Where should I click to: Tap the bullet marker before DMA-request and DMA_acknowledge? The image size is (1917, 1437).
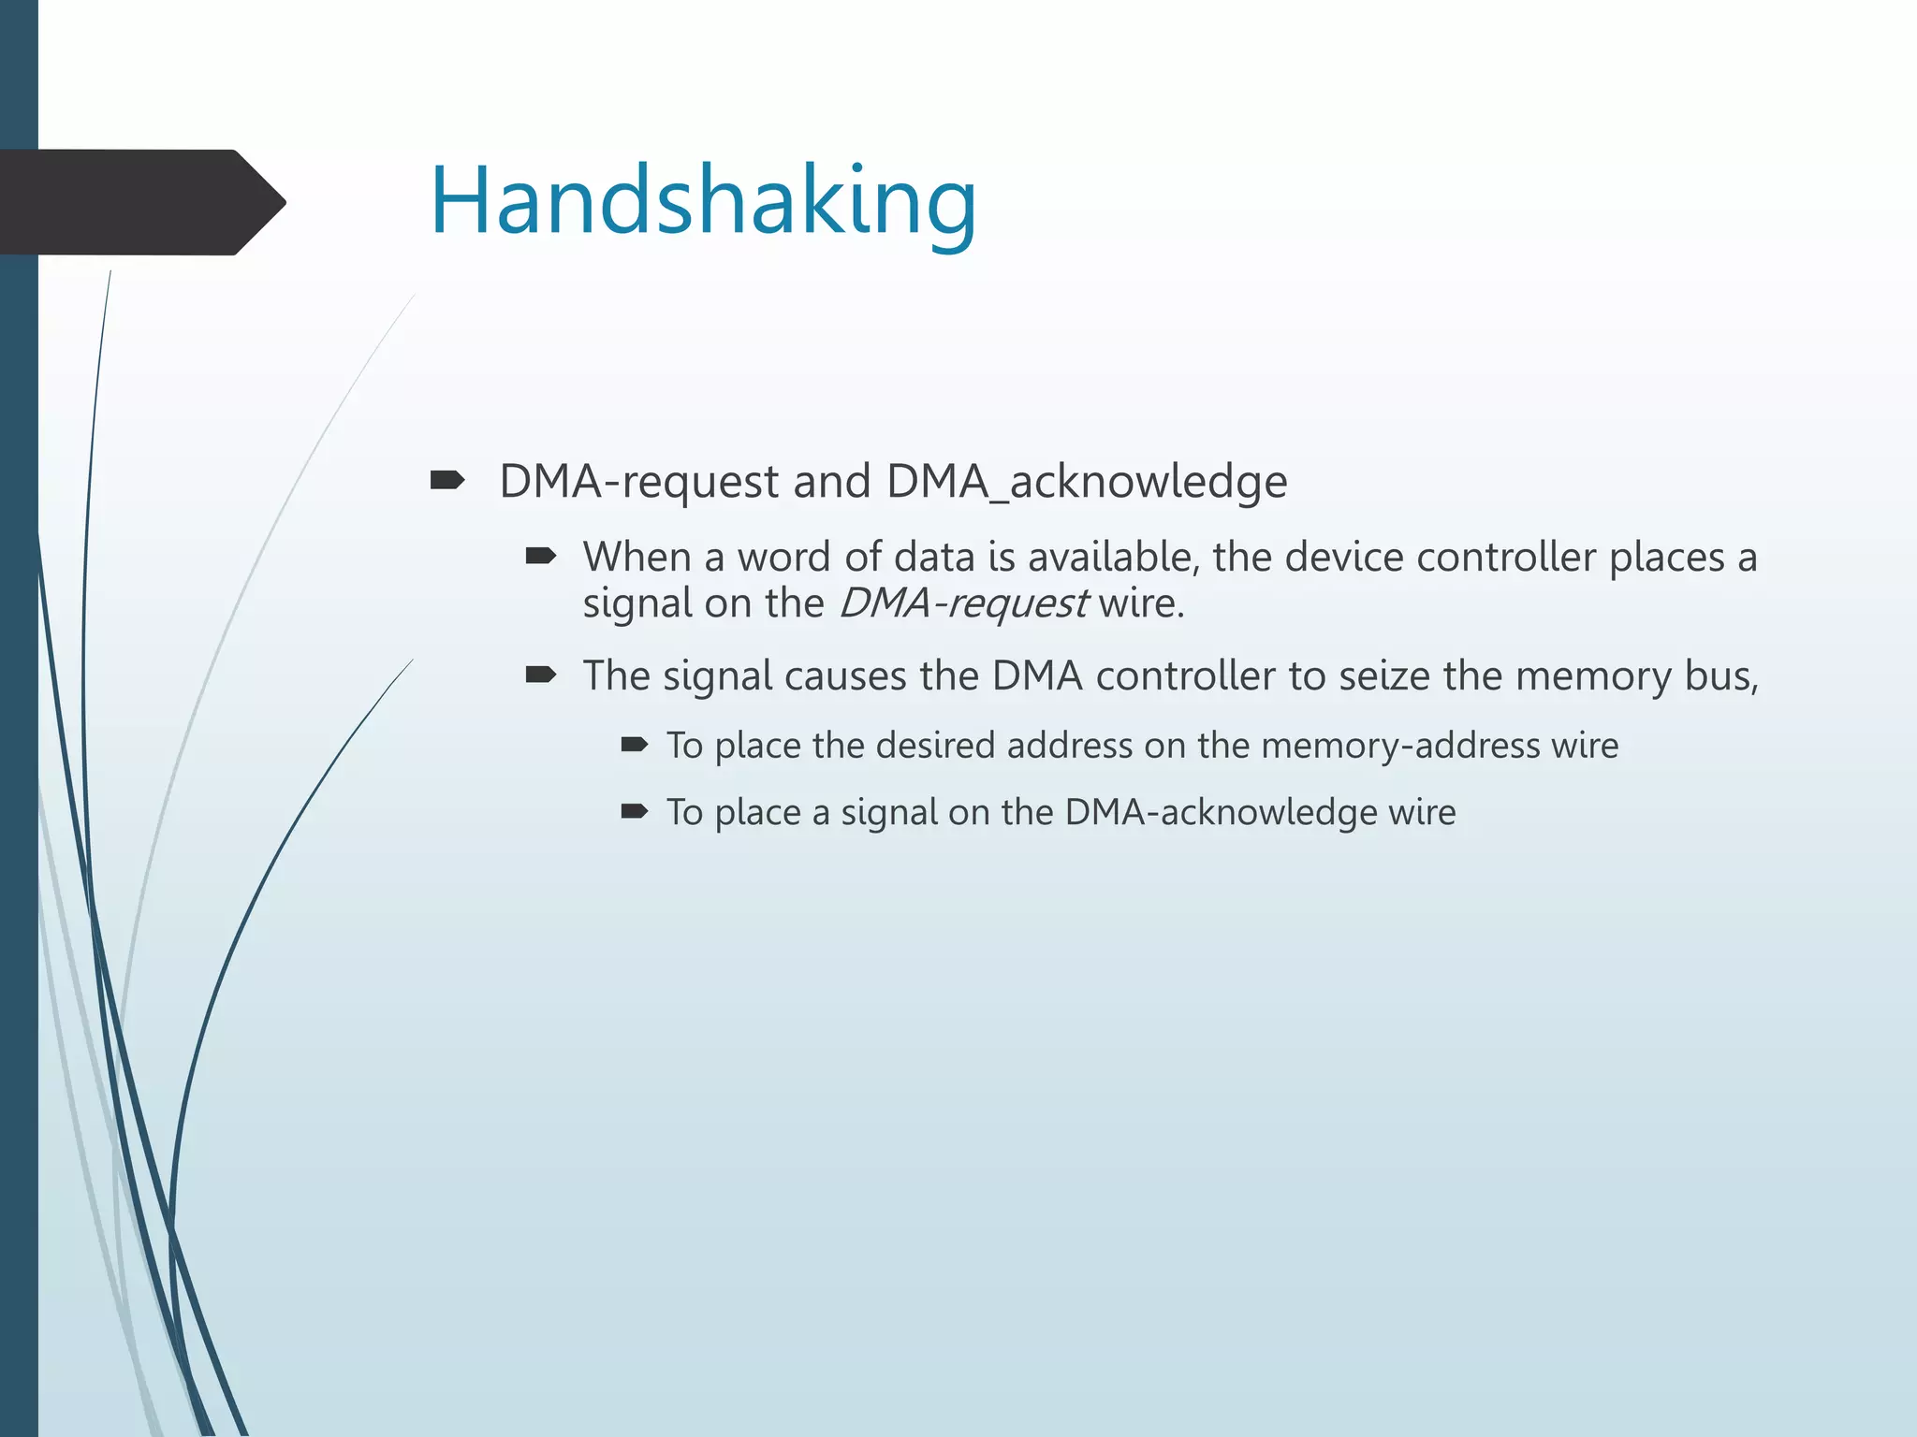coord(447,481)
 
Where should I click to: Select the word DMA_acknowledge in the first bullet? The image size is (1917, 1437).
coord(1087,482)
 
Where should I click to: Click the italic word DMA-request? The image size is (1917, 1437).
coord(963,603)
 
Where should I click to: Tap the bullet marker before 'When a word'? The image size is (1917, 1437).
coord(541,558)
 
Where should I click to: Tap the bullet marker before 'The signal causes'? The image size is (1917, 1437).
coord(541,675)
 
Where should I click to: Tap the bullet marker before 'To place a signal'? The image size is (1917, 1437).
coord(634,811)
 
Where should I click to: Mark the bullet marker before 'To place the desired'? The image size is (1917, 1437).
coord(634,745)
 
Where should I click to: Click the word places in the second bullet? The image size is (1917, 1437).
coord(1666,558)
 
